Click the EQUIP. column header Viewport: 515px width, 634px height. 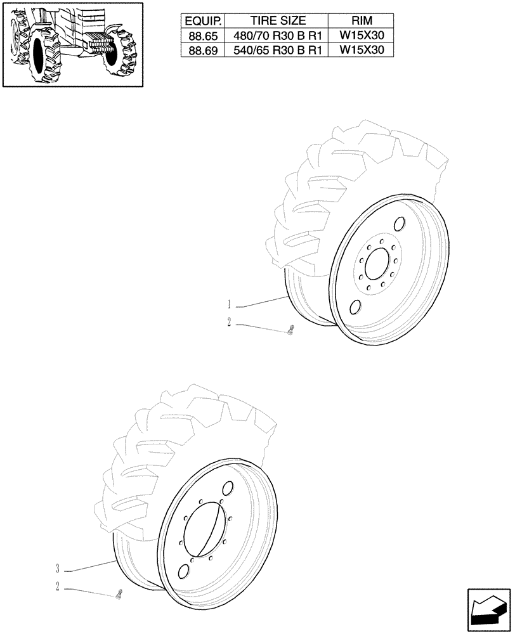[201, 22]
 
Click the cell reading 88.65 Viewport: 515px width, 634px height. [201, 36]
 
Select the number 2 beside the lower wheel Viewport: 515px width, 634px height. [58, 587]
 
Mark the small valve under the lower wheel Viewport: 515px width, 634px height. [119, 594]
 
